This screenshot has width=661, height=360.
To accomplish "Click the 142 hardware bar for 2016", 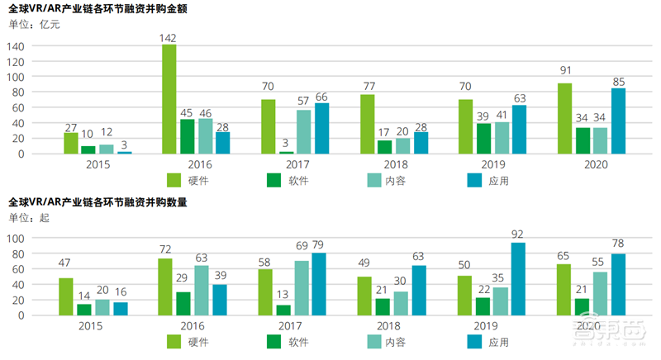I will [169, 99].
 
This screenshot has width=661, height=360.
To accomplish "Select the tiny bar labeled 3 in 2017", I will [285, 152].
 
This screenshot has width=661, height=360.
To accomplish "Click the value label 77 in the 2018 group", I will [368, 87].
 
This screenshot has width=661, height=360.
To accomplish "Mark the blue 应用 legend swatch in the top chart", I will [477, 179].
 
